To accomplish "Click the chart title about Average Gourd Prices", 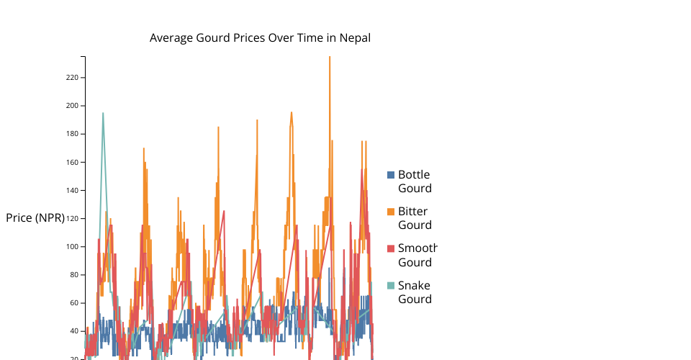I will click(260, 38).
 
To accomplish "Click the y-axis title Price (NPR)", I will click(35, 218).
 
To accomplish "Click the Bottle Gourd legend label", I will click(414, 181).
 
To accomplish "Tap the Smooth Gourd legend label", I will click(417, 255).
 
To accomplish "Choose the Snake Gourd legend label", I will click(414, 292).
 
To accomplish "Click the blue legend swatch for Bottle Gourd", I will click(391, 175).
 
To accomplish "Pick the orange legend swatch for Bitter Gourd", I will click(391, 212).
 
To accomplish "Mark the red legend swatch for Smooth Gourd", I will click(391, 248).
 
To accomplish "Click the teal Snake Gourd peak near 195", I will click(103, 114).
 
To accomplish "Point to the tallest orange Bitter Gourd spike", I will click(330, 58).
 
